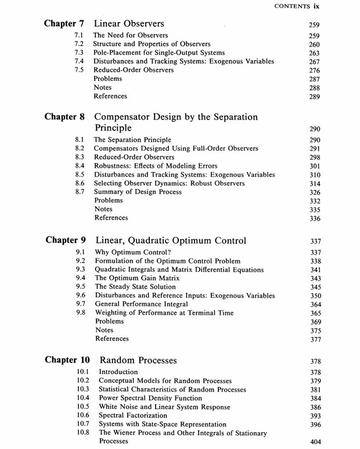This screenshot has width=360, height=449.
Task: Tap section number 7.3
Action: [x=80, y=53]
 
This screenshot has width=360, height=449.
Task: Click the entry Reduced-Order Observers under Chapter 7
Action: [x=133, y=70]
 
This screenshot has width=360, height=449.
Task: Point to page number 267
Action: [x=315, y=62]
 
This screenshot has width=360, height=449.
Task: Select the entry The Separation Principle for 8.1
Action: [x=132, y=140]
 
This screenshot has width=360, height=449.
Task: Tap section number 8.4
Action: [x=81, y=166]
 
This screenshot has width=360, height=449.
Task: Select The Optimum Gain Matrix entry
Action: [x=137, y=278]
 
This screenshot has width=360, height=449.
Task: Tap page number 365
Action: [x=316, y=314]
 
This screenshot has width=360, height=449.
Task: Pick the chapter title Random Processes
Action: [x=138, y=360]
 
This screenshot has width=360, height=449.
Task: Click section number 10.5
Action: [x=83, y=407]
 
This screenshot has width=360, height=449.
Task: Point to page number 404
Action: [x=316, y=443]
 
